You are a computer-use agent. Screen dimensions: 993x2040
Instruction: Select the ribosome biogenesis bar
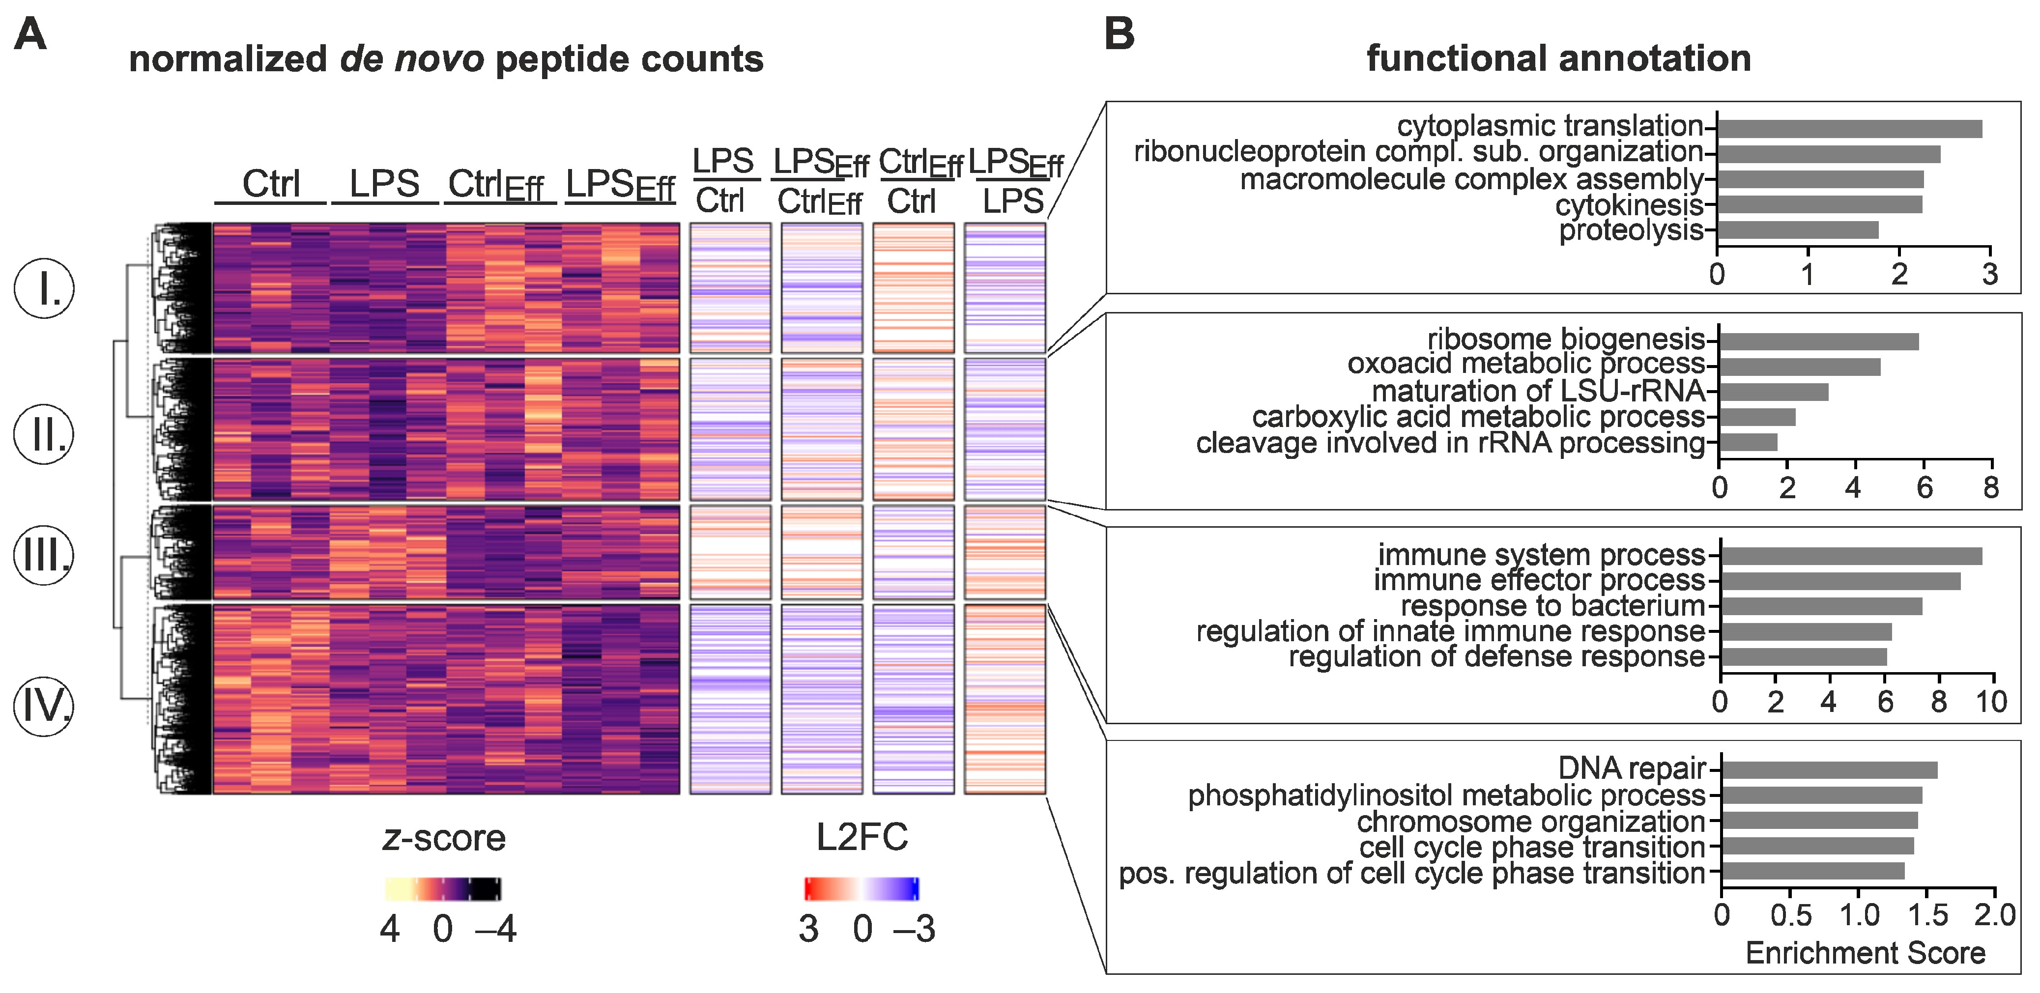(x=1818, y=342)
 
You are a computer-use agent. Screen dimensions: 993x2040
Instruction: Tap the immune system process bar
(x=1851, y=556)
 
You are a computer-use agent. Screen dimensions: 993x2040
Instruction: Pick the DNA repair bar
(x=1829, y=770)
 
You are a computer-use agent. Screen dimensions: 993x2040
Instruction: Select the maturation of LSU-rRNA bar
(x=1774, y=392)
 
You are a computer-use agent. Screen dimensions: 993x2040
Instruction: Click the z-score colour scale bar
(x=443, y=889)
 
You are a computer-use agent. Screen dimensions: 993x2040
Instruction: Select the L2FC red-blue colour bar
(x=862, y=889)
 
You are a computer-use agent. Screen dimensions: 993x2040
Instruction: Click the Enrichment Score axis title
(x=1865, y=953)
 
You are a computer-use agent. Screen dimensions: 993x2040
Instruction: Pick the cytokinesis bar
(x=1819, y=205)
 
